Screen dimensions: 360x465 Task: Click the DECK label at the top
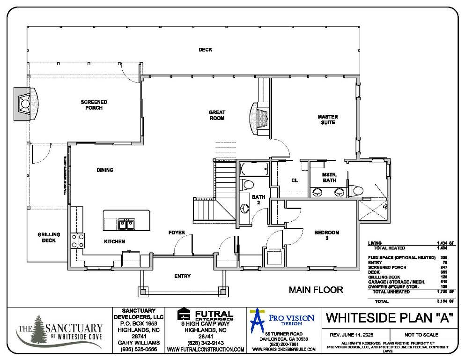[x=205, y=49]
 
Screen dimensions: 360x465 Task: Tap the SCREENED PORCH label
[x=94, y=105]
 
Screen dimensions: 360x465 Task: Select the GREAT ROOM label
[x=217, y=115]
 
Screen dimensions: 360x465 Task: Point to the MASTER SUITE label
[x=328, y=120]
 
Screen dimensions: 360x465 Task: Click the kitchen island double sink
[x=125, y=224]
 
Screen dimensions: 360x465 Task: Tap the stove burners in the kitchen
[x=77, y=240]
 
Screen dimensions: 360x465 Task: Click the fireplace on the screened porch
[x=24, y=103]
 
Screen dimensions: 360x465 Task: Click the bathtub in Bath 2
[x=253, y=169]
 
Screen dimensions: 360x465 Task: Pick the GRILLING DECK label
[x=49, y=237]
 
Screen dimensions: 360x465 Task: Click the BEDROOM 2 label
[x=326, y=235]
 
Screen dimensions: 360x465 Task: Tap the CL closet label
[x=295, y=180]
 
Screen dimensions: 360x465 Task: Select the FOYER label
[x=177, y=232]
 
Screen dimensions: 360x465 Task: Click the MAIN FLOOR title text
[x=316, y=290]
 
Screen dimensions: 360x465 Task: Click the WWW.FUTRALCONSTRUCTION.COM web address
[x=206, y=350]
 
